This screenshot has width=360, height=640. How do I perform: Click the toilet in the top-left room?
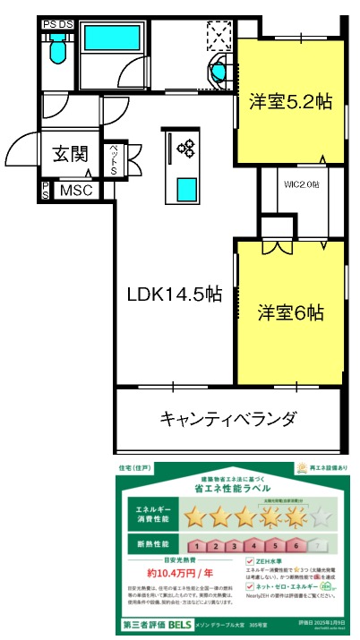coord(58,50)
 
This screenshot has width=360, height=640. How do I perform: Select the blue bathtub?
coord(113,40)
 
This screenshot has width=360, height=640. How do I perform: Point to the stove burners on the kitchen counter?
coord(185,147)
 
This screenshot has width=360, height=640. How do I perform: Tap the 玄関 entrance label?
coord(69,153)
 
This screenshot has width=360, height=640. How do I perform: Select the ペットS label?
coord(115,160)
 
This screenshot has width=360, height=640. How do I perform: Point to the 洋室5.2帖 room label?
coord(290,102)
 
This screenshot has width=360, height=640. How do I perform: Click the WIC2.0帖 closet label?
coord(301,184)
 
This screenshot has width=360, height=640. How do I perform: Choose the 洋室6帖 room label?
coord(291,313)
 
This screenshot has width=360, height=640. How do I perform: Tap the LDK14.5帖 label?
coord(173,293)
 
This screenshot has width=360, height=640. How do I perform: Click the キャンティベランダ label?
coord(227,418)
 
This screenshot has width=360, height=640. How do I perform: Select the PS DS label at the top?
coord(58,23)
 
